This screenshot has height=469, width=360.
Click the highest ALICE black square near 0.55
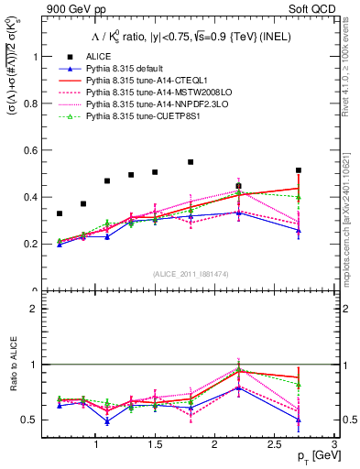coord(191,162)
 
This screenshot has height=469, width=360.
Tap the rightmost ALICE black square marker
coord(299,170)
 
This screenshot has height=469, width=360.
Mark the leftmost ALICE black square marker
coord(60,213)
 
